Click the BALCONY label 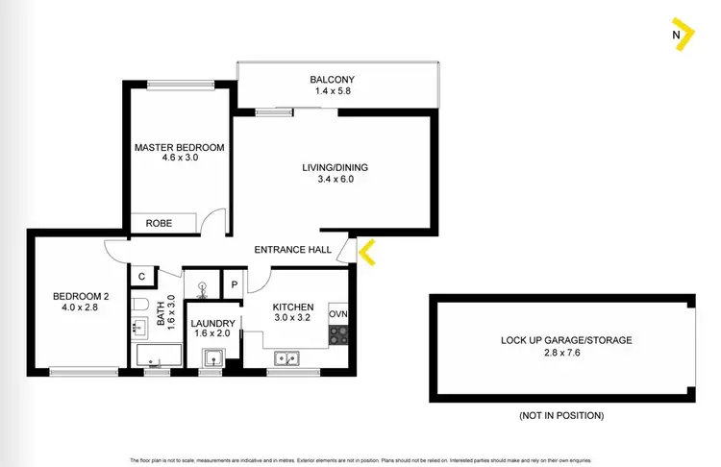333,80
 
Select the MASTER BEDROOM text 179,147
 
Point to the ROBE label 159,223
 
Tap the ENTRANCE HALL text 293,250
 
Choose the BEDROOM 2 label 81,296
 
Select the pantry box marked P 235,285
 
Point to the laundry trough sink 212,358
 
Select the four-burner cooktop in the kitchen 338,336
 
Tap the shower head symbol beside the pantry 203,285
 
